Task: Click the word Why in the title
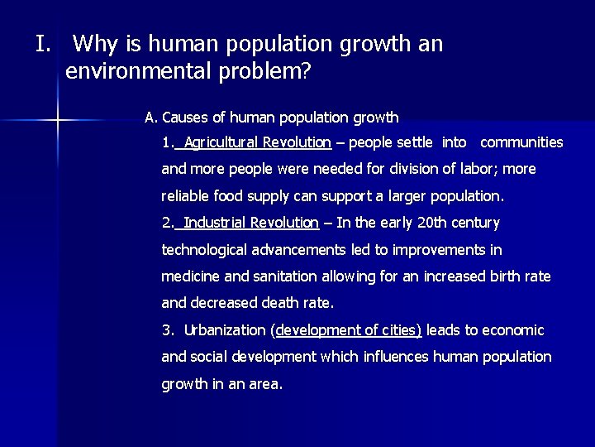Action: coord(101,45)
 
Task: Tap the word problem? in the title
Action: coord(272,72)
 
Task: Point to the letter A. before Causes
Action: coord(151,118)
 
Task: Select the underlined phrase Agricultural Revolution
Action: coord(257,142)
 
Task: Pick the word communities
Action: coord(521,142)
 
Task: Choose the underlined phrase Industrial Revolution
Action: coord(251,223)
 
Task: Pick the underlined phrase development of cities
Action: coord(348,330)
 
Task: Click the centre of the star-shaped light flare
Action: coord(57,121)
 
